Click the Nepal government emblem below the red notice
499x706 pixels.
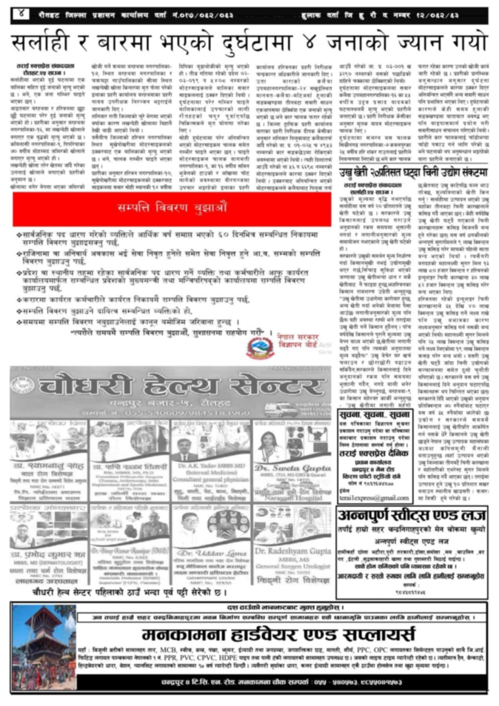(x=261, y=345)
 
